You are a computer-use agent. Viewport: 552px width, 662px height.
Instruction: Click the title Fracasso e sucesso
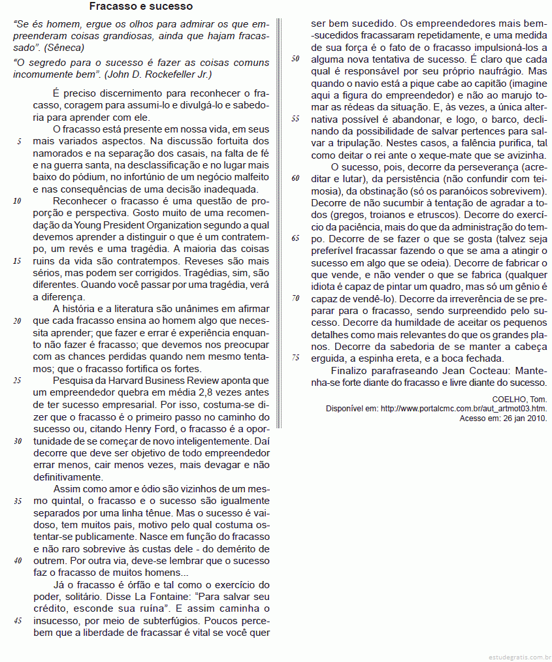click(x=141, y=7)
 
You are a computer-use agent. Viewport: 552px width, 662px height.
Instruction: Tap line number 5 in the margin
click(x=19, y=141)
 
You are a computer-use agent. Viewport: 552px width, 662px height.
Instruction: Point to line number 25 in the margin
click(x=18, y=381)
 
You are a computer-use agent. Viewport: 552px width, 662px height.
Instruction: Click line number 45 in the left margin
click(x=18, y=620)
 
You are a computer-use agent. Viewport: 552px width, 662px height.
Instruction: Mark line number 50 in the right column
click(x=295, y=58)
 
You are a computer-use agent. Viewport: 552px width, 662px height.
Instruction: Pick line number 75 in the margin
click(x=295, y=357)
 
